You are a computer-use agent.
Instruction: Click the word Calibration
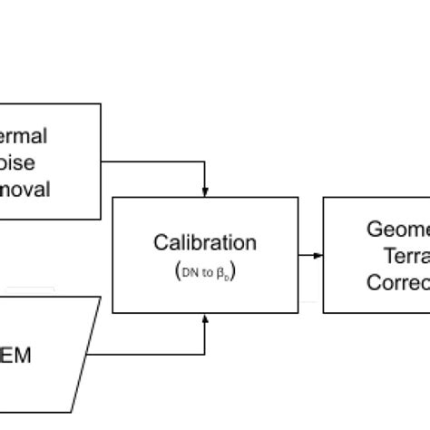click(x=204, y=243)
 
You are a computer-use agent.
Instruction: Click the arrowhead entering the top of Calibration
click(x=205, y=192)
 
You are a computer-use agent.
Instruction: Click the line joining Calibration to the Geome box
click(x=308, y=255)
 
